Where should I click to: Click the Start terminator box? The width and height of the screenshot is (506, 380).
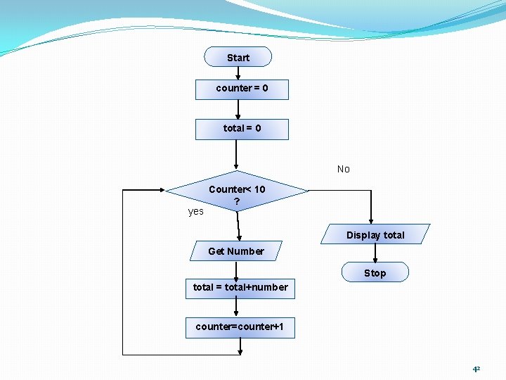(238, 57)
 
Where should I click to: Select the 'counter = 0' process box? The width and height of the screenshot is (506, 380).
(242, 89)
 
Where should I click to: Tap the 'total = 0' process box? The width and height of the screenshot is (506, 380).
(242, 129)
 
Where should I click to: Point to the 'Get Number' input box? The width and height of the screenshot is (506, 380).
(236, 251)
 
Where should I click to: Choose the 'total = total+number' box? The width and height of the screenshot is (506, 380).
(240, 287)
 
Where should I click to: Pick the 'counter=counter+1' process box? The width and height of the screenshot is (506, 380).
(240, 327)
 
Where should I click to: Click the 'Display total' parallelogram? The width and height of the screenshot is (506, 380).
(375, 235)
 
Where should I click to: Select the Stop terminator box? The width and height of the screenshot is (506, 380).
(375, 272)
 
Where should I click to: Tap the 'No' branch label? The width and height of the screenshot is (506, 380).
(343, 169)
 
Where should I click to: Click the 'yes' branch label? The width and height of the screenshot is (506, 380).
(196, 211)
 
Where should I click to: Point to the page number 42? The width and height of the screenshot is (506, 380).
(476, 369)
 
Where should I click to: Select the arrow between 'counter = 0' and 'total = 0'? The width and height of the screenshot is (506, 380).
(238, 109)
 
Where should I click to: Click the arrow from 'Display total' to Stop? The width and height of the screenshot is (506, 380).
(375, 253)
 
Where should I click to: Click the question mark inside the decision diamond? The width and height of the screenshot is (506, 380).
(237, 202)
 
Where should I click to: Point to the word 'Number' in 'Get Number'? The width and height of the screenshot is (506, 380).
(246, 251)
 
